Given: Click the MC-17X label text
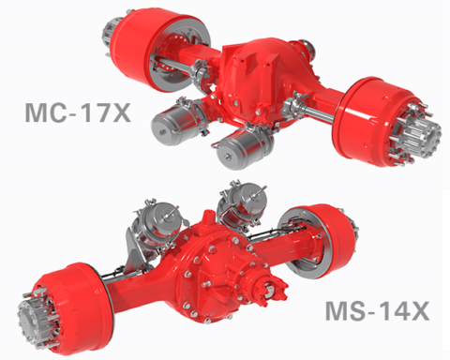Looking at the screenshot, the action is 78,112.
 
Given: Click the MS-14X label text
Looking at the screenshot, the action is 378,310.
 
